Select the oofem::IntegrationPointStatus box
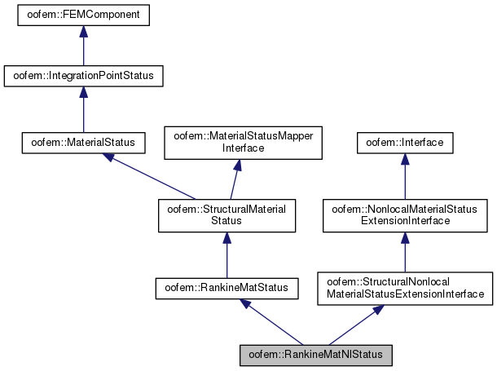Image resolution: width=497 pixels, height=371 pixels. (x=83, y=77)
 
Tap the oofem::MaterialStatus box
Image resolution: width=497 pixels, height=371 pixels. (x=83, y=144)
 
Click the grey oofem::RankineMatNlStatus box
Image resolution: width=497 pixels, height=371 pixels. (x=316, y=356)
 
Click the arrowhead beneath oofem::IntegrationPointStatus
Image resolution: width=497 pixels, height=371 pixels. (x=83, y=94)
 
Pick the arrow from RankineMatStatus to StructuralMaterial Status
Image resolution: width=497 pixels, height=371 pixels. (x=227, y=253)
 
